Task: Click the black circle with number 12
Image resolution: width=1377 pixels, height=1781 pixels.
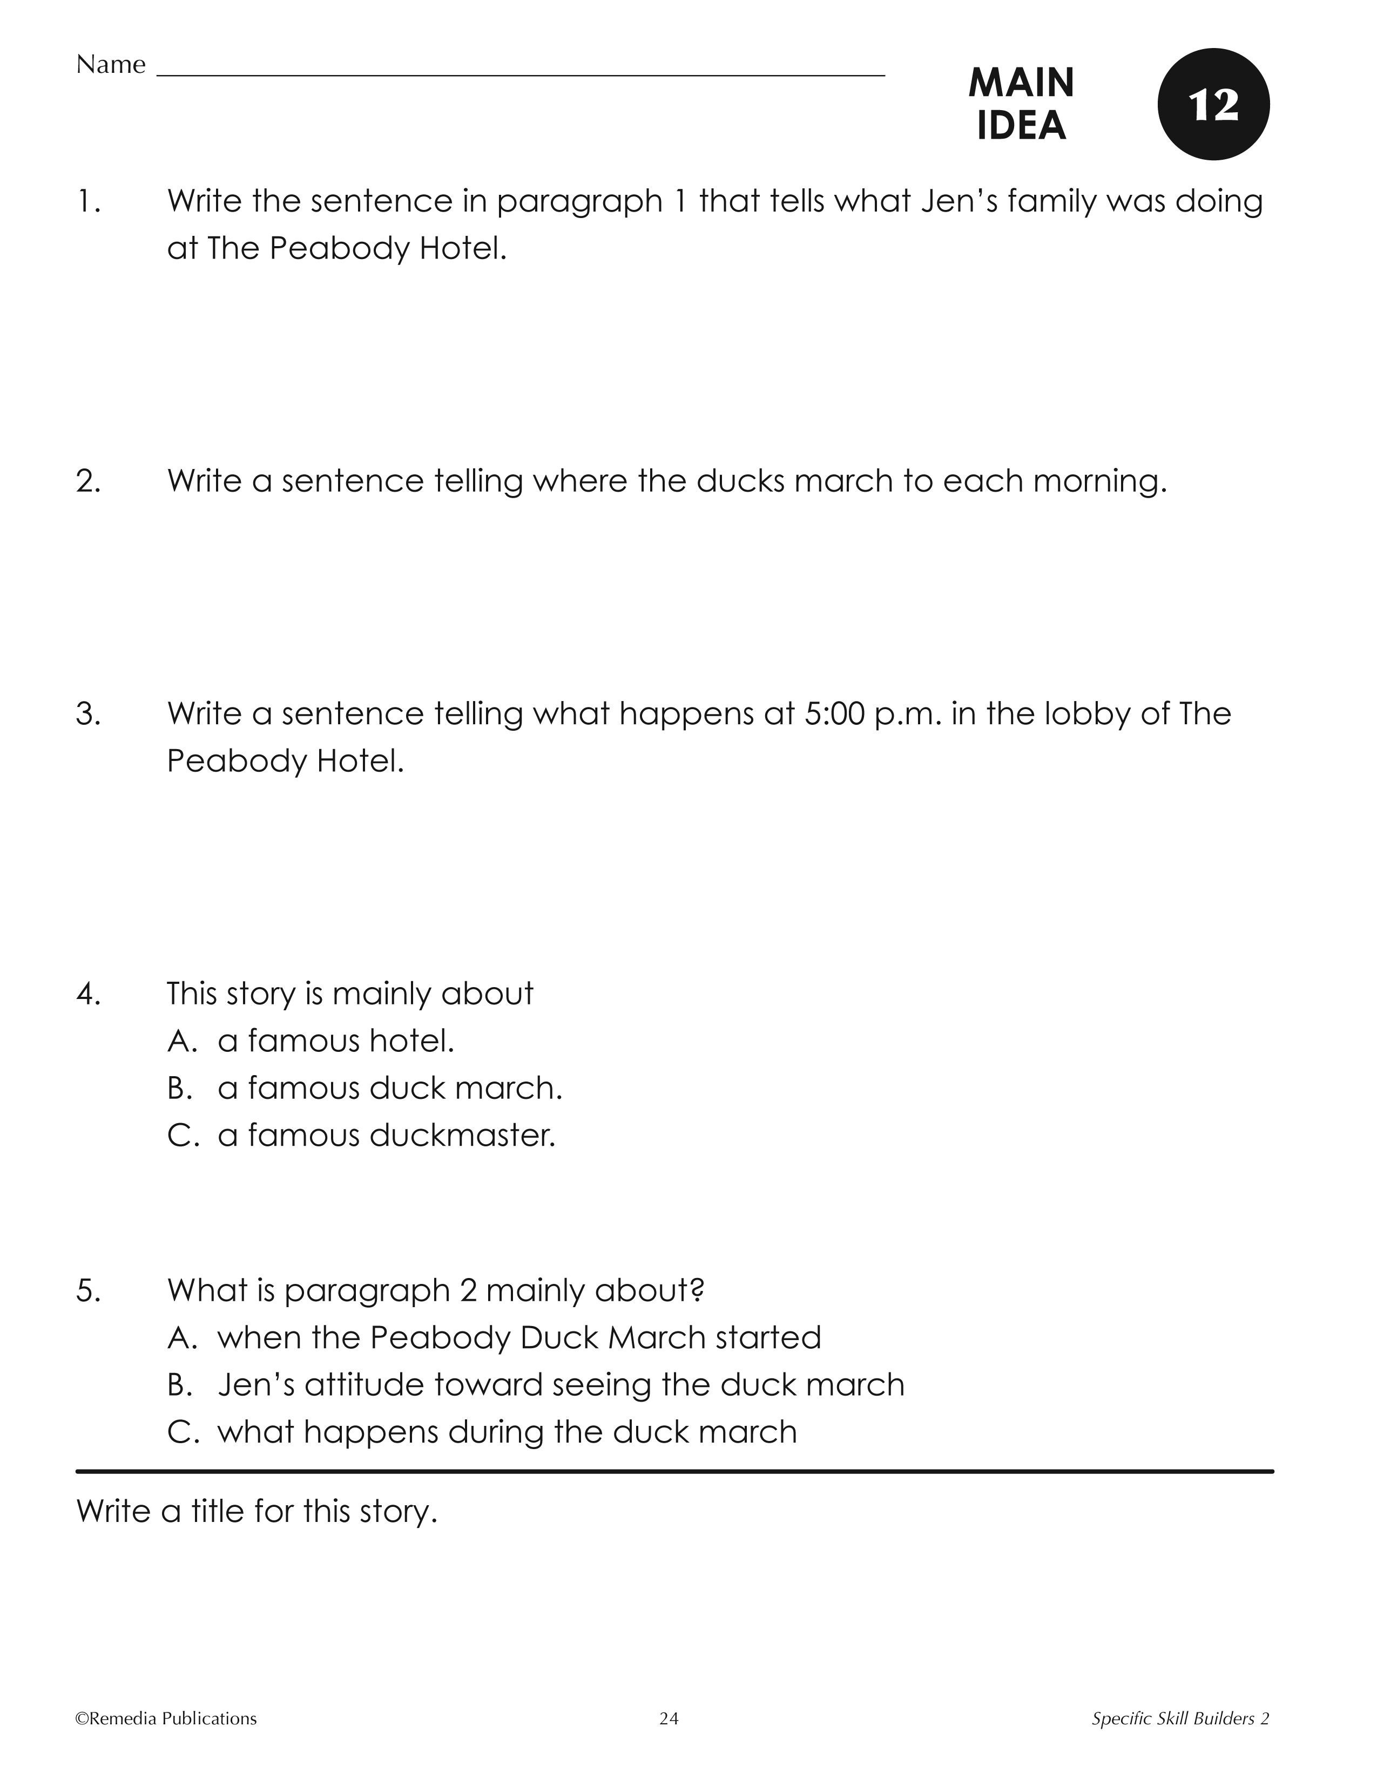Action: (x=1213, y=104)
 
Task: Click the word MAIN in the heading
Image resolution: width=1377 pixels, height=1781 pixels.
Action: (x=1021, y=83)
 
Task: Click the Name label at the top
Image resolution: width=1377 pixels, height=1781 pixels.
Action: (x=110, y=64)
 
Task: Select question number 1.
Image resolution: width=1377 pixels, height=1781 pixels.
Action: (x=89, y=201)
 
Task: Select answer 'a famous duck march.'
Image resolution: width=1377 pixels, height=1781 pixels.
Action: (x=389, y=1088)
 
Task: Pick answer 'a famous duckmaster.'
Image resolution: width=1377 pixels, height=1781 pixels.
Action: (x=386, y=1135)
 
